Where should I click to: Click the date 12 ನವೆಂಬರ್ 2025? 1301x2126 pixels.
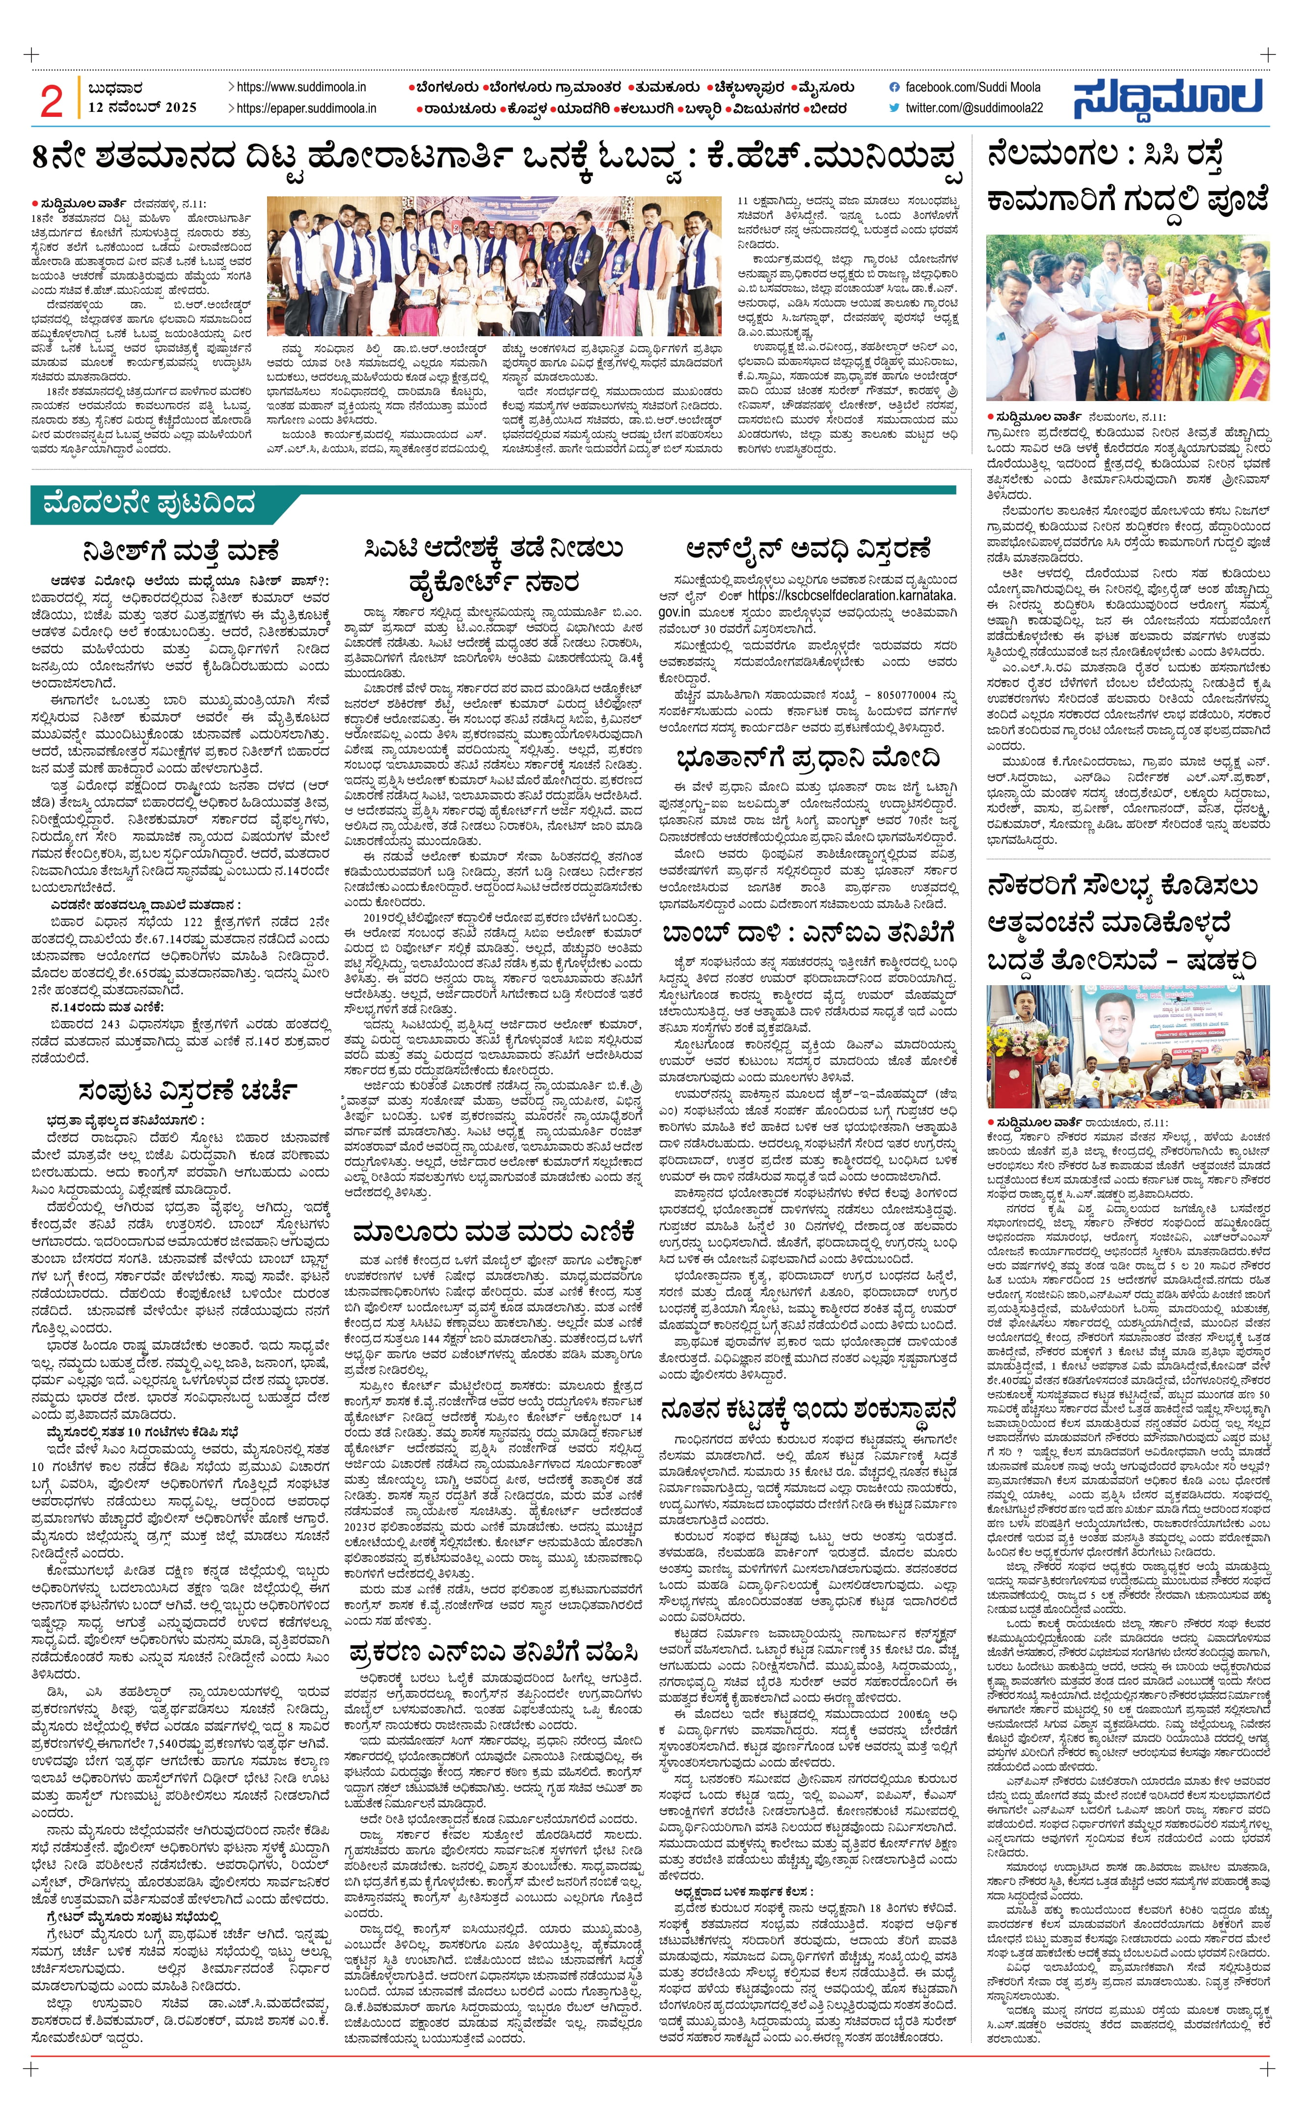point(142,108)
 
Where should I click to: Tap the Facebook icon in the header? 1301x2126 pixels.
point(894,87)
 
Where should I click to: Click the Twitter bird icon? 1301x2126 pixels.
point(894,108)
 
